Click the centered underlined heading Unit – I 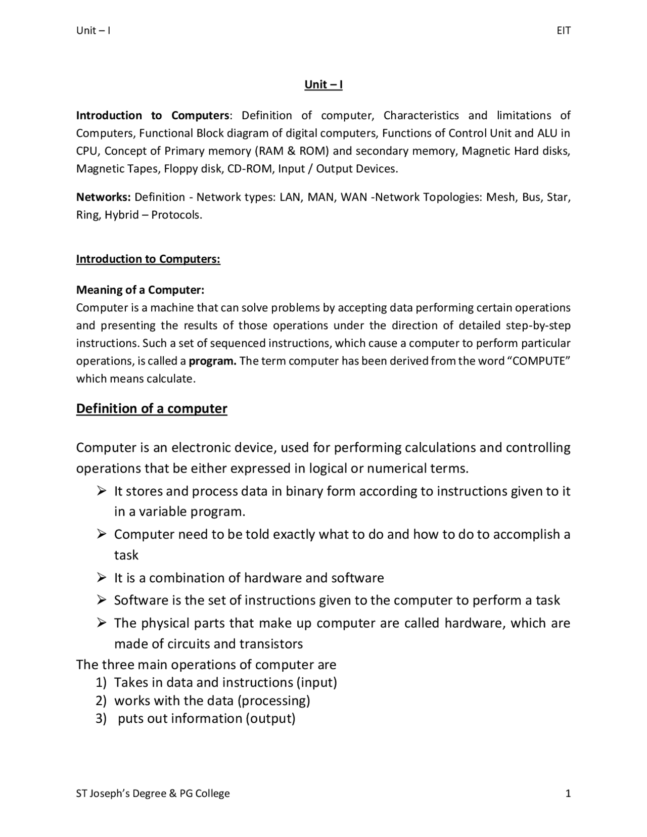[x=323, y=84]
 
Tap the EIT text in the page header [x=563, y=31]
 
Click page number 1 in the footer [x=568, y=794]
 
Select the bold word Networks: [x=104, y=197]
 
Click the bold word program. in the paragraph [x=212, y=361]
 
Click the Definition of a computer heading [x=152, y=408]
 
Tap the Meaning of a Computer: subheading [x=140, y=290]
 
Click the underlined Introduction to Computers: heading [x=148, y=259]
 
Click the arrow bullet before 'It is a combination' [x=102, y=577]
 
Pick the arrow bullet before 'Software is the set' [x=102, y=600]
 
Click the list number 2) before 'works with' [x=101, y=701]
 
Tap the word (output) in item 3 [x=270, y=719]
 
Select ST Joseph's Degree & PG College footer [x=153, y=794]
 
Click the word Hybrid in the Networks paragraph [x=122, y=215]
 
